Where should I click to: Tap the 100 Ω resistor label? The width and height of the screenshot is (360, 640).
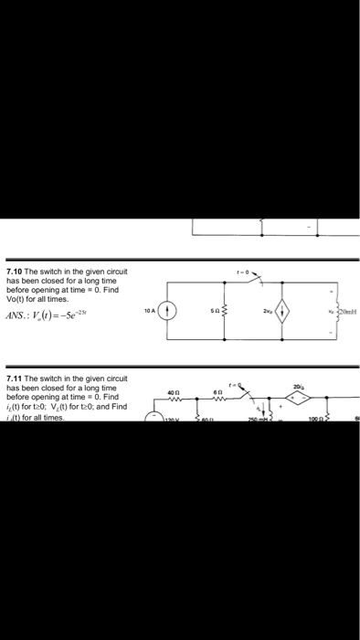[x=312, y=419]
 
